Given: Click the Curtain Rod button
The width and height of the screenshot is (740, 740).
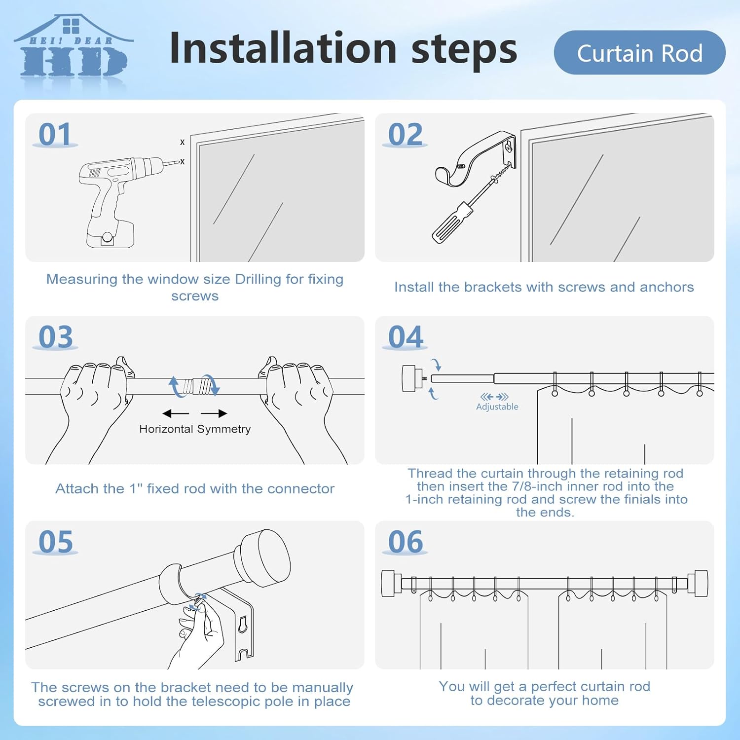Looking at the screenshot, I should point(639,53).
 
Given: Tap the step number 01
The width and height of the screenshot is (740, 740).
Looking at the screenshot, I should point(55,135).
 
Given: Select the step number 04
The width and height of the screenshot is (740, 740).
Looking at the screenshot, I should point(406,337).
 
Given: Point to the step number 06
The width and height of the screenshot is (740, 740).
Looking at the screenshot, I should point(406,542).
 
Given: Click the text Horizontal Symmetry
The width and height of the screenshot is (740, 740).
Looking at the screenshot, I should point(195,429).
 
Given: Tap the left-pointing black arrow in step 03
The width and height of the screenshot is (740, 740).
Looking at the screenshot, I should point(175,413).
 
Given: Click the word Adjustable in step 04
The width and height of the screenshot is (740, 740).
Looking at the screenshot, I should point(497,407).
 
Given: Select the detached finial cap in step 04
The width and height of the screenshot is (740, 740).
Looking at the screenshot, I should point(410,378).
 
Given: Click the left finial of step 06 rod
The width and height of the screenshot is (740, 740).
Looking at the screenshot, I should point(388,584).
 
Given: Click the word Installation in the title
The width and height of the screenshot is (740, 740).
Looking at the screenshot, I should point(283,48).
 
